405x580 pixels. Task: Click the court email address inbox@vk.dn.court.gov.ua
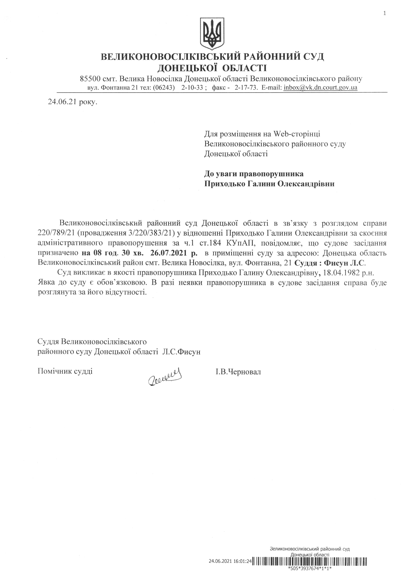320,88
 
